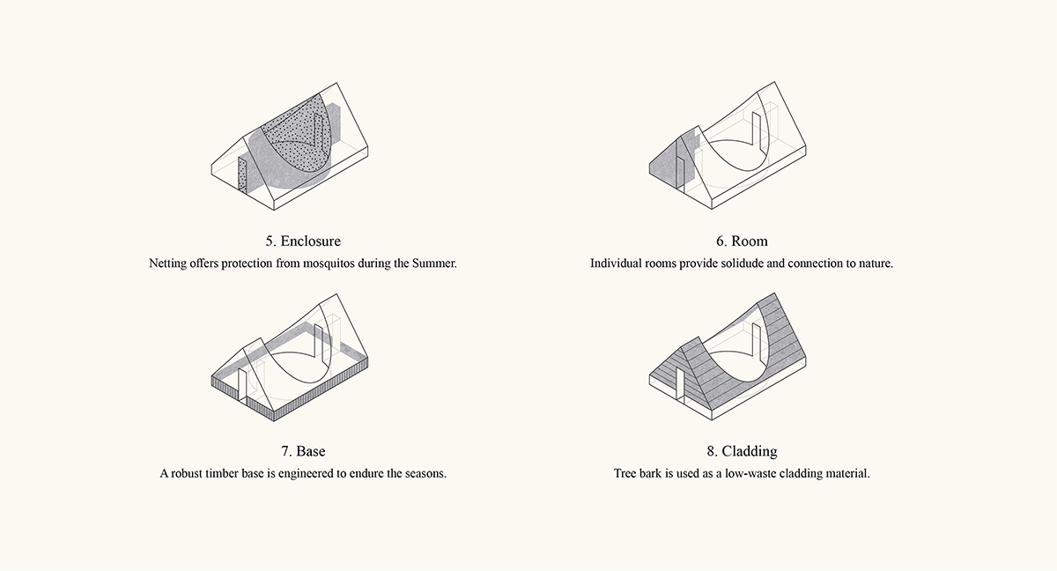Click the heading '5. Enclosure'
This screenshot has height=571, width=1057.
pos(303,241)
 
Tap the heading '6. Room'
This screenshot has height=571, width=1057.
pos(742,241)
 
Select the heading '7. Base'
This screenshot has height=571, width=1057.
pos(303,451)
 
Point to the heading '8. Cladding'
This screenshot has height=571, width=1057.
pos(742,451)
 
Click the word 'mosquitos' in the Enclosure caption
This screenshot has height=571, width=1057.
pos(329,263)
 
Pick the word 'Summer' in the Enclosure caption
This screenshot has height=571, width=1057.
pos(434,263)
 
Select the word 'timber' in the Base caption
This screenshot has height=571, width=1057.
pos(221,473)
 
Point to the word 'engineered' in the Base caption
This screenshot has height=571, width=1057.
pos(306,474)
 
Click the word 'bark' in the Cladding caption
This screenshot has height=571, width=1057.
pos(651,473)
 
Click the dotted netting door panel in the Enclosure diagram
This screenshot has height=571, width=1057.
pos(242,175)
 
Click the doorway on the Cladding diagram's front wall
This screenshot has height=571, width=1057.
pos(680,384)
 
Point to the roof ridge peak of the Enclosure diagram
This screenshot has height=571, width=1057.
pos(336,84)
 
